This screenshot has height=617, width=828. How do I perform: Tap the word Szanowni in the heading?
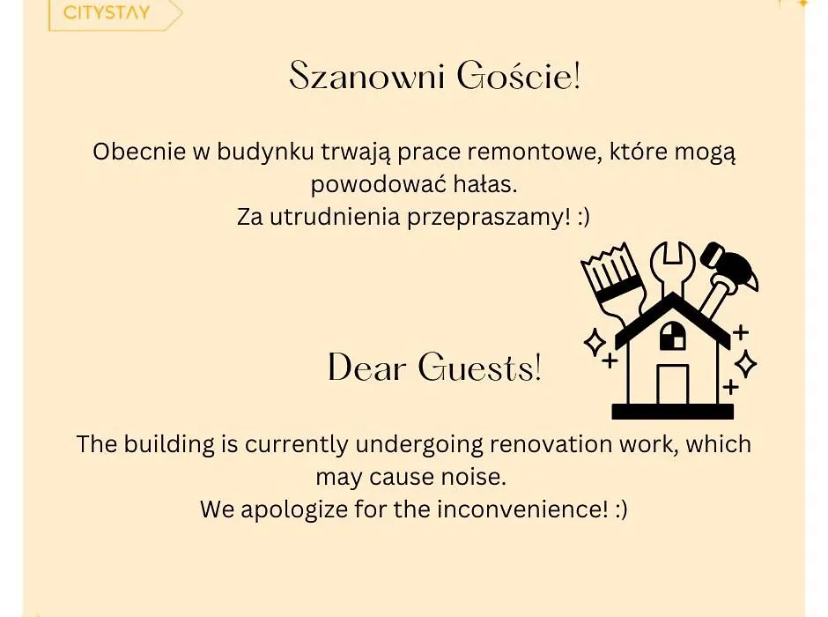(367, 77)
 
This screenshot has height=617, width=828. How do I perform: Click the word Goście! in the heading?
(519, 76)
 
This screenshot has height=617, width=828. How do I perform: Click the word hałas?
(485, 184)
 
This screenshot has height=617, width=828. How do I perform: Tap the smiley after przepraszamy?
(583, 218)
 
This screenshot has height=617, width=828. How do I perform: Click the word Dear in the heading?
(367, 368)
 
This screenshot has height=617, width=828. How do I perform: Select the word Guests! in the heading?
(479, 368)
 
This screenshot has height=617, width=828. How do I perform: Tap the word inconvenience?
(522, 509)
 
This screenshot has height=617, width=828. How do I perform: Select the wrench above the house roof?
(672, 268)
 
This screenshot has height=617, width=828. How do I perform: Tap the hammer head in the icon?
(730, 267)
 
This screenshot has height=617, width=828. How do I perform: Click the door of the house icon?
(672, 385)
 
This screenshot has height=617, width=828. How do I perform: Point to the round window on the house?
(672, 336)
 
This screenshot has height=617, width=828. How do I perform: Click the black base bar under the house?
(672, 412)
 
